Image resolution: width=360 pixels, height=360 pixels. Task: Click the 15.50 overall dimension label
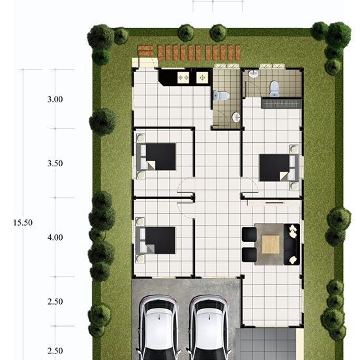23,222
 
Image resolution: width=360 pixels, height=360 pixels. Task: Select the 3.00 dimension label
55,99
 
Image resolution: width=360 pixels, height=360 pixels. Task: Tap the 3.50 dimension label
55,163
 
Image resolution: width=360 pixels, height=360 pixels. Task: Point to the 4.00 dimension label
55,237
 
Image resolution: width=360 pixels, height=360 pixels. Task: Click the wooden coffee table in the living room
271,245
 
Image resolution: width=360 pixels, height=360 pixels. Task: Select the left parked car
158,328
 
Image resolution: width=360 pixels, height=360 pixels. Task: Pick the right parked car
209,328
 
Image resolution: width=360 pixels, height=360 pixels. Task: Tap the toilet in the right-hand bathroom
274,89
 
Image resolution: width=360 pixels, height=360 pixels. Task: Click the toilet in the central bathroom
221,95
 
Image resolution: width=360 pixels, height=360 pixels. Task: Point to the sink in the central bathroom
236,117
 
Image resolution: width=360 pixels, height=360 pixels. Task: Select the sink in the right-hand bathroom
253,74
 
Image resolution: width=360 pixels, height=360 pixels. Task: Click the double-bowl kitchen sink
183,78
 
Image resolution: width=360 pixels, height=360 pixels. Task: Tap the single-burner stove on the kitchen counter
202,78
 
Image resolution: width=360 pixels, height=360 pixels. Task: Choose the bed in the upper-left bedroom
157,157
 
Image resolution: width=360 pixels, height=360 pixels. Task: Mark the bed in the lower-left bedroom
156,241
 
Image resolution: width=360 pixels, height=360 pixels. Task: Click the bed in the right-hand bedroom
279,168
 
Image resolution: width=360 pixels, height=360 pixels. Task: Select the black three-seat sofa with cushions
292,245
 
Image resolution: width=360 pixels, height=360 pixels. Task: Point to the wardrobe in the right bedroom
282,103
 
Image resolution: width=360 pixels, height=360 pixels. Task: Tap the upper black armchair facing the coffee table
249,234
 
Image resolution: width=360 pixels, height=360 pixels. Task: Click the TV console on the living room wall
274,203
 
